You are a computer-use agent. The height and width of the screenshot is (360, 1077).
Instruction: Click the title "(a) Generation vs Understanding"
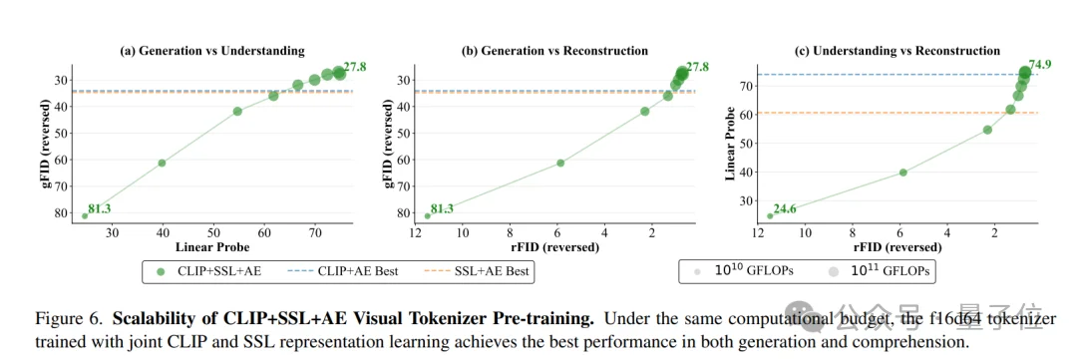pos(212,51)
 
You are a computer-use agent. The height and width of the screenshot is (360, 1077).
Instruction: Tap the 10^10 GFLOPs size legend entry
pos(737,270)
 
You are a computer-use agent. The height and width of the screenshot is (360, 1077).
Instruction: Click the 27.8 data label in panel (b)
pos(697,66)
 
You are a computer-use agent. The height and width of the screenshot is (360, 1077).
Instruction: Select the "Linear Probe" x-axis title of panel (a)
pos(212,246)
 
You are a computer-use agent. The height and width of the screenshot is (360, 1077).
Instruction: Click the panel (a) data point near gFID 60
pos(162,163)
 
